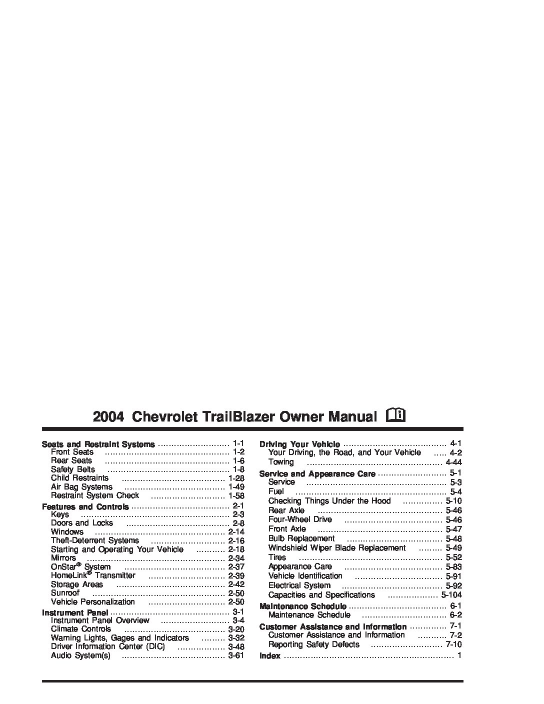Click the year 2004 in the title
(x=108, y=416)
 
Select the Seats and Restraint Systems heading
(x=98, y=444)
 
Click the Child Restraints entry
(x=79, y=478)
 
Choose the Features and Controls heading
(x=85, y=507)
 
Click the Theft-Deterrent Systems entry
(x=95, y=540)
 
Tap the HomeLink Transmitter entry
(x=93, y=575)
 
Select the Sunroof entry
(x=65, y=593)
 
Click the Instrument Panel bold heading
(x=75, y=612)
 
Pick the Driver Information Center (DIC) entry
(x=107, y=646)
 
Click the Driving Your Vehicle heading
(x=299, y=444)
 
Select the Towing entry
(x=281, y=462)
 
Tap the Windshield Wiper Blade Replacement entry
(x=337, y=548)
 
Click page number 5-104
(x=451, y=595)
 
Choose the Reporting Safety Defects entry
(x=313, y=644)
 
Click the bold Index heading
(x=270, y=656)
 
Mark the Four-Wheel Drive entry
(x=300, y=519)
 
